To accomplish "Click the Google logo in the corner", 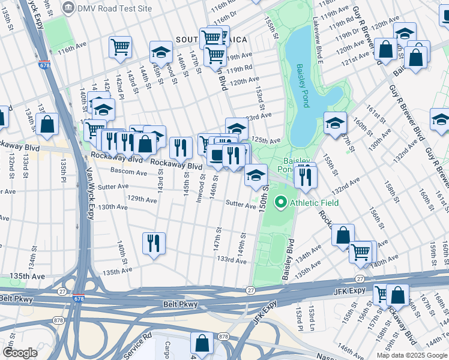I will point(20,352).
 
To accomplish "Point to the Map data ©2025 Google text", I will point(412,355).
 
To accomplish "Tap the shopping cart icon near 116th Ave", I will point(121,47).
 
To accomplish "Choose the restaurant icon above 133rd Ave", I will point(154,242).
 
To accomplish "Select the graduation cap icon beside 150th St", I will point(256,175).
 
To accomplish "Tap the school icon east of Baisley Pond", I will point(335,123).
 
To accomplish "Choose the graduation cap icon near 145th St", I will point(161,52).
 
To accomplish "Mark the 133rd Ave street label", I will point(232,259).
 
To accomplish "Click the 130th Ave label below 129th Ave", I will point(113,207).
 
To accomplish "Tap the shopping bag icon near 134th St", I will point(47,124).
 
